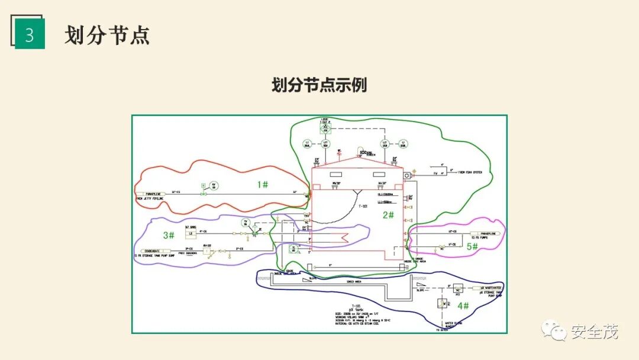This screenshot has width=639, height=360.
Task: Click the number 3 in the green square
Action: [x=30, y=36]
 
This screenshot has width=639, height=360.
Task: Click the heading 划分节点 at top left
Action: [x=107, y=35]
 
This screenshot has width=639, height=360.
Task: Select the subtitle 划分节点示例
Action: [x=319, y=85]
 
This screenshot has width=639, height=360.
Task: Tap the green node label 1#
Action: [x=263, y=184]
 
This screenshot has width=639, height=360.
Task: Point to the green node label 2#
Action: [x=388, y=215]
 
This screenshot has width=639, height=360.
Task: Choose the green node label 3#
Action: [x=168, y=235]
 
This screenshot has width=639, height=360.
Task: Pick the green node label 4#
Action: [x=463, y=306]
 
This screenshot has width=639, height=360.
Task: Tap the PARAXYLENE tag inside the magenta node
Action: [x=487, y=234]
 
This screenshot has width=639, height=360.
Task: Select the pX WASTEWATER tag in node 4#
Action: [x=490, y=287]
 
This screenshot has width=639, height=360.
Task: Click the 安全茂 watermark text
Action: [x=594, y=332]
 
